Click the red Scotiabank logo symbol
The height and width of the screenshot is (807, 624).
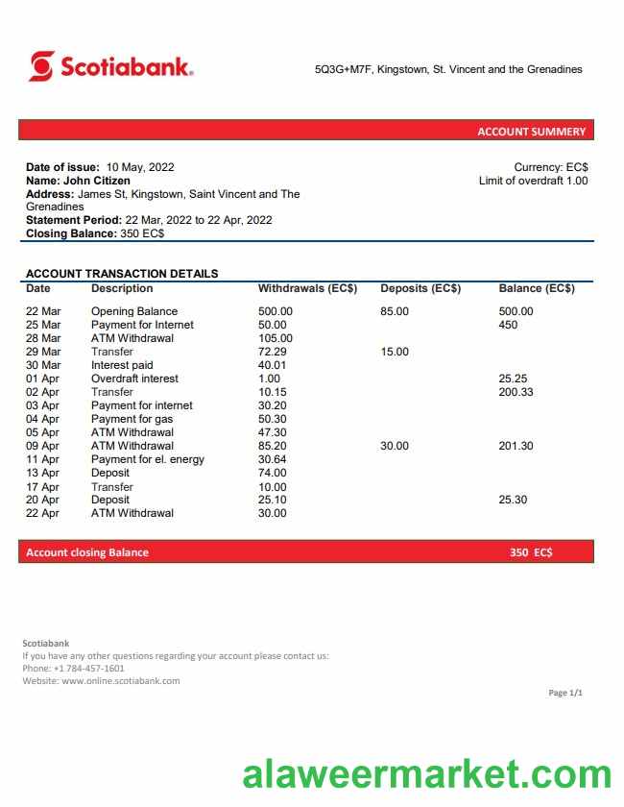pyautogui.click(x=41, y=66)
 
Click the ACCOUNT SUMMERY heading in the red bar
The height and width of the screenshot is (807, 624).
pyautogui.click(x=531, y=132)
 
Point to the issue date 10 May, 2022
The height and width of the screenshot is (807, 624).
pyautogui.click(x=140, y=167)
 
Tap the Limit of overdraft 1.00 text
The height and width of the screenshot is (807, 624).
pyautogui.click(x=533, y=181)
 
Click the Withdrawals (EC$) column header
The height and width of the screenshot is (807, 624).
pyautogui.click(x=307, y=288)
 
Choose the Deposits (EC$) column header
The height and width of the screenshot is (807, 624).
pyautogui.click(x=420, y=288)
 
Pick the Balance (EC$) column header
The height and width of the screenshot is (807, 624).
pyautogui.click(x=537, y=288)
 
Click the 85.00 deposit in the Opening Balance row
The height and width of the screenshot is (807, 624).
pyautogui.click(x=395, y=311)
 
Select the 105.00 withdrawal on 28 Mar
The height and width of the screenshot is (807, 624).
pyautogui.click(x=276, y=338)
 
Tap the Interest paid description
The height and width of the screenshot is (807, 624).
pyautogui.click(x=122, y=365)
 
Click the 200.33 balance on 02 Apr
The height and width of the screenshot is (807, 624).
pyautogui.click(x=516, y=392)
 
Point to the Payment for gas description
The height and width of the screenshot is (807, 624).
pyautogui.click(x=132, y=419)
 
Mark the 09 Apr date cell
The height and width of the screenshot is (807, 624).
pyautogui.click(x=42, y=446)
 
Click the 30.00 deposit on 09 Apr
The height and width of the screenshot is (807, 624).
pyautogui.click(x=395, y=446)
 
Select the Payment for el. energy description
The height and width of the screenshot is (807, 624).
pyautogui.click(x=148, y=459)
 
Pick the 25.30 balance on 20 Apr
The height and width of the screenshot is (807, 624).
pyautogui.click(x=513, y=500)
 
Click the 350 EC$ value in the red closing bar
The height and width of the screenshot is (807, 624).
pyautogui.click(x=531, y=552)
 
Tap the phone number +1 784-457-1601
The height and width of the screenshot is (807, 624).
pyautogui.click(x=88, y=669)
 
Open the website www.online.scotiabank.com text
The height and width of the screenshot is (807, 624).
pyautogui.click(x=121, y=681)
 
